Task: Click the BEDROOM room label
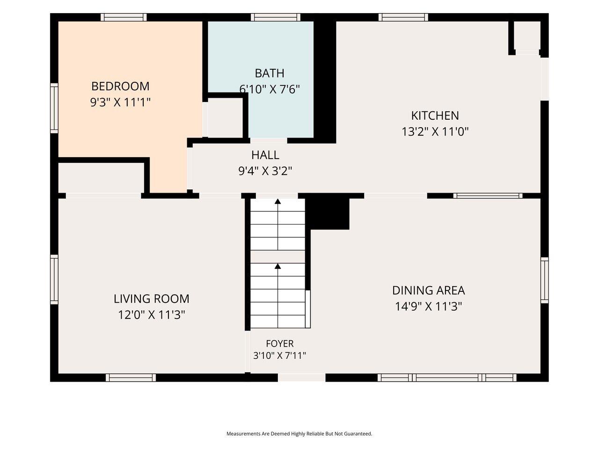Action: (120, 87)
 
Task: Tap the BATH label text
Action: (270, 73)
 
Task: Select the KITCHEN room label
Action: (435, 116)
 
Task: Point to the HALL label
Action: (265, 155)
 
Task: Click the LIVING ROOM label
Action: (152, 299)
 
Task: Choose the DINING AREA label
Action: (429, 290)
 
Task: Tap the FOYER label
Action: (280, 343)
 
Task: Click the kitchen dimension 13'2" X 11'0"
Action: (435, 132)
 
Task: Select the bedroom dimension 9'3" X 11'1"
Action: (120, 102)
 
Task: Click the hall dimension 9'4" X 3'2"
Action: (265, 171)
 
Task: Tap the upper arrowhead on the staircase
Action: (278, 202)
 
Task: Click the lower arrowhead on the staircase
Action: (278, 266)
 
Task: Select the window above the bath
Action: (275, 17)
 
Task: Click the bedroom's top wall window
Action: (124, 17)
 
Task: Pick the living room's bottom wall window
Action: (131, 377)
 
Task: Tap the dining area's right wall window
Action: (544, 280)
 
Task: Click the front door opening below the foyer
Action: (301, 377)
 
